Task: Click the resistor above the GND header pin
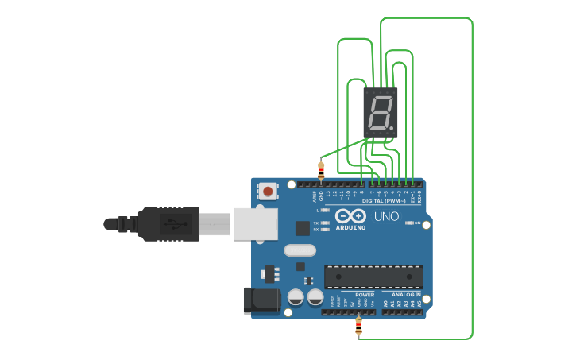(321, 168)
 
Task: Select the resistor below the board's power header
(358, 326)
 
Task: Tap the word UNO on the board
(386, 216)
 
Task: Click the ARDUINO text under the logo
(350, 228)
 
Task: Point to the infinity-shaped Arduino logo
(350, 216)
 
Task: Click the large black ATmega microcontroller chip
(373, 277)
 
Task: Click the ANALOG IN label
(406, 294)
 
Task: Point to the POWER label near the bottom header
(365, 294)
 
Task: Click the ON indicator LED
(408, 223)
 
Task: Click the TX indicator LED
(325, 223)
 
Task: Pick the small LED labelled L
(325, 210)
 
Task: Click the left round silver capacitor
(296, 297)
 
